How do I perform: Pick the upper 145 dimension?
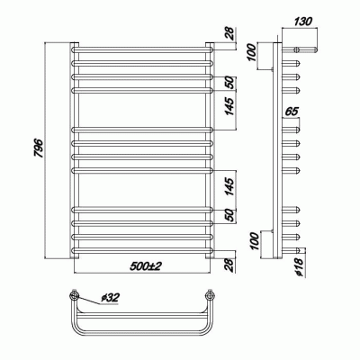[x=233, y=112]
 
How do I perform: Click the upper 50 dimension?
[x=233, y=82]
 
